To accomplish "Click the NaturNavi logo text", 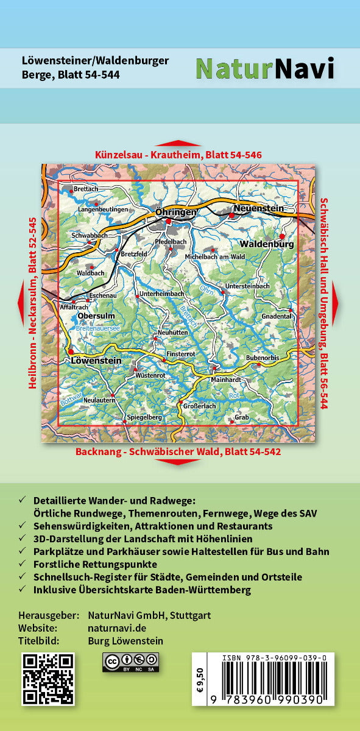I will (x=265, y=68).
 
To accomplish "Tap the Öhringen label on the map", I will (x=176, y=212).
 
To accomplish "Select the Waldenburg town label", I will (x=272, y=244).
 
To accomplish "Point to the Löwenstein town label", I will (x=96, y=361).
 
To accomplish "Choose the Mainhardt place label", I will (x=213, y=379).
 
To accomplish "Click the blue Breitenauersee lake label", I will (x=98, y=328).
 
